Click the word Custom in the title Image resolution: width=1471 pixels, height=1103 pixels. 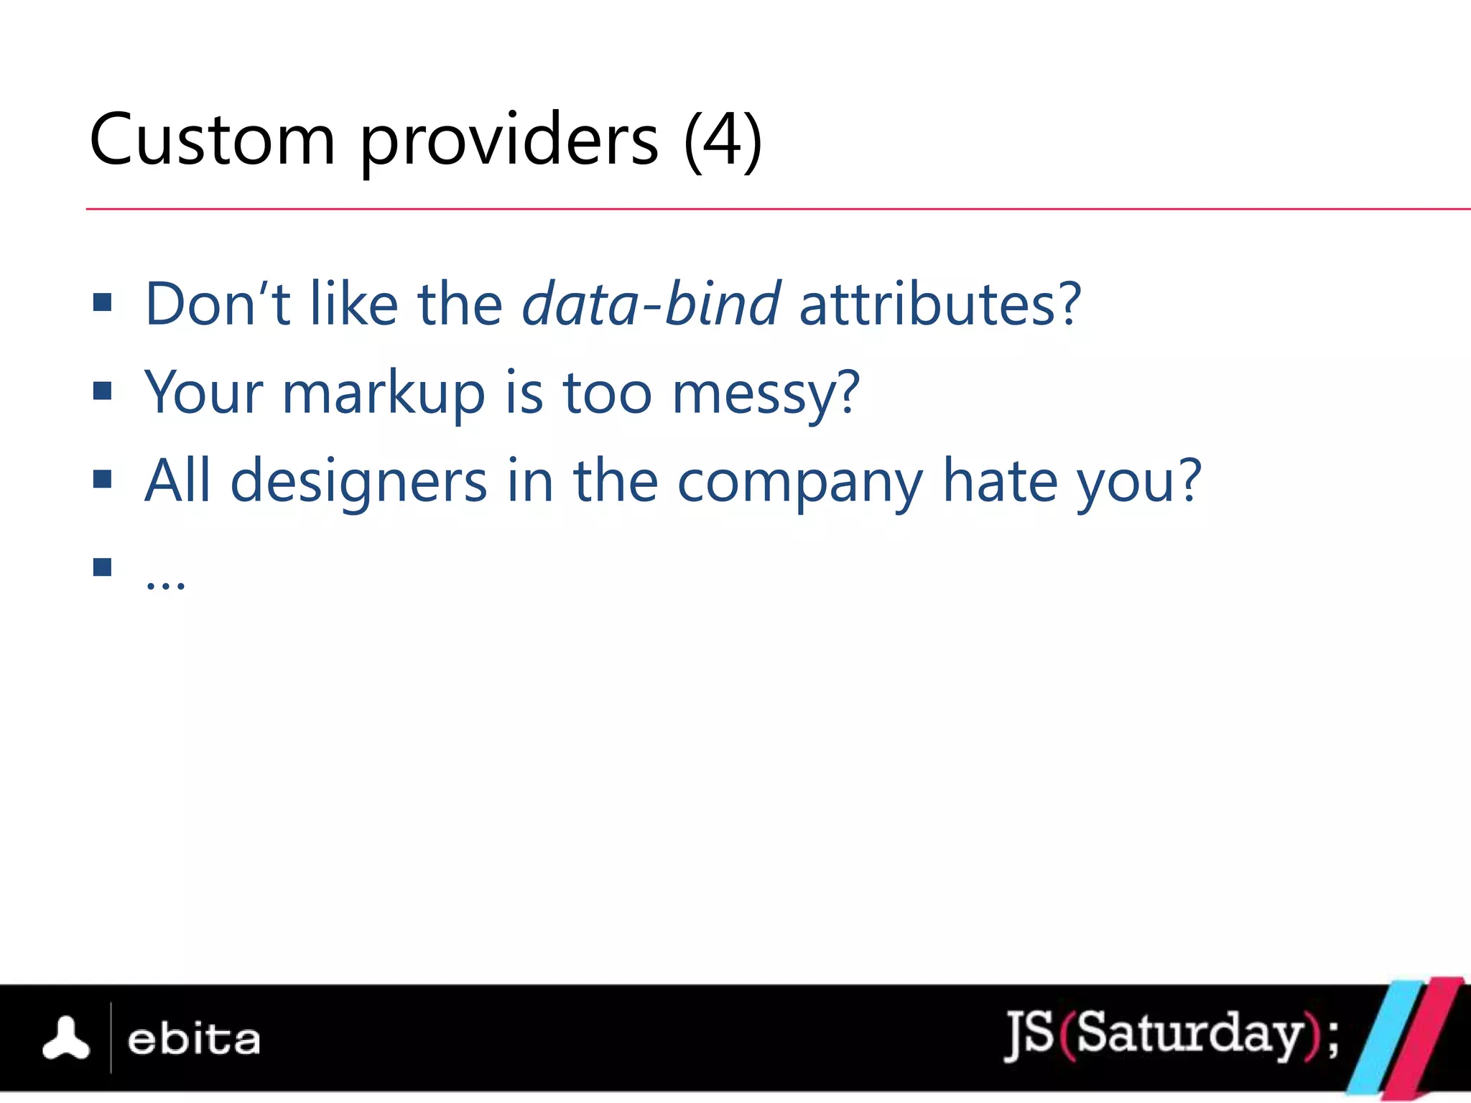pyautogui.click(x=212, y=140)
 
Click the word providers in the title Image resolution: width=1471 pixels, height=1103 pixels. pyautogui.click(x=509, y=141)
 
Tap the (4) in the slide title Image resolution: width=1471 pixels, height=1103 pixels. pyautogui.click(x=723, y=140)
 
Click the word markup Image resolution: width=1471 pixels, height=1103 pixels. pyautogui.click(x=384, y=394)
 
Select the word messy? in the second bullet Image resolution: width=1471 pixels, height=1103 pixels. pyautogui.click(x=766, y=394)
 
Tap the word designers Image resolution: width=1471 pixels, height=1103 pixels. pyautogui.click(x=358, y=482)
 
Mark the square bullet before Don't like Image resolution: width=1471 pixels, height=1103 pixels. pyautogui.click(x=103, y=302)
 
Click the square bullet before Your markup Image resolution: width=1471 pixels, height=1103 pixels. pyautogui.click(x=103, y=391)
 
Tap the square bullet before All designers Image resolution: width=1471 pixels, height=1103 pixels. pyautogui.click(x=103, y=479)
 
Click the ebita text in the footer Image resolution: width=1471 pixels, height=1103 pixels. pyautogui.click(x=193, y=1040)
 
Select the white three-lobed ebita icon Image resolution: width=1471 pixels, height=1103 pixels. pyautogui.click(x=66, y=1039)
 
